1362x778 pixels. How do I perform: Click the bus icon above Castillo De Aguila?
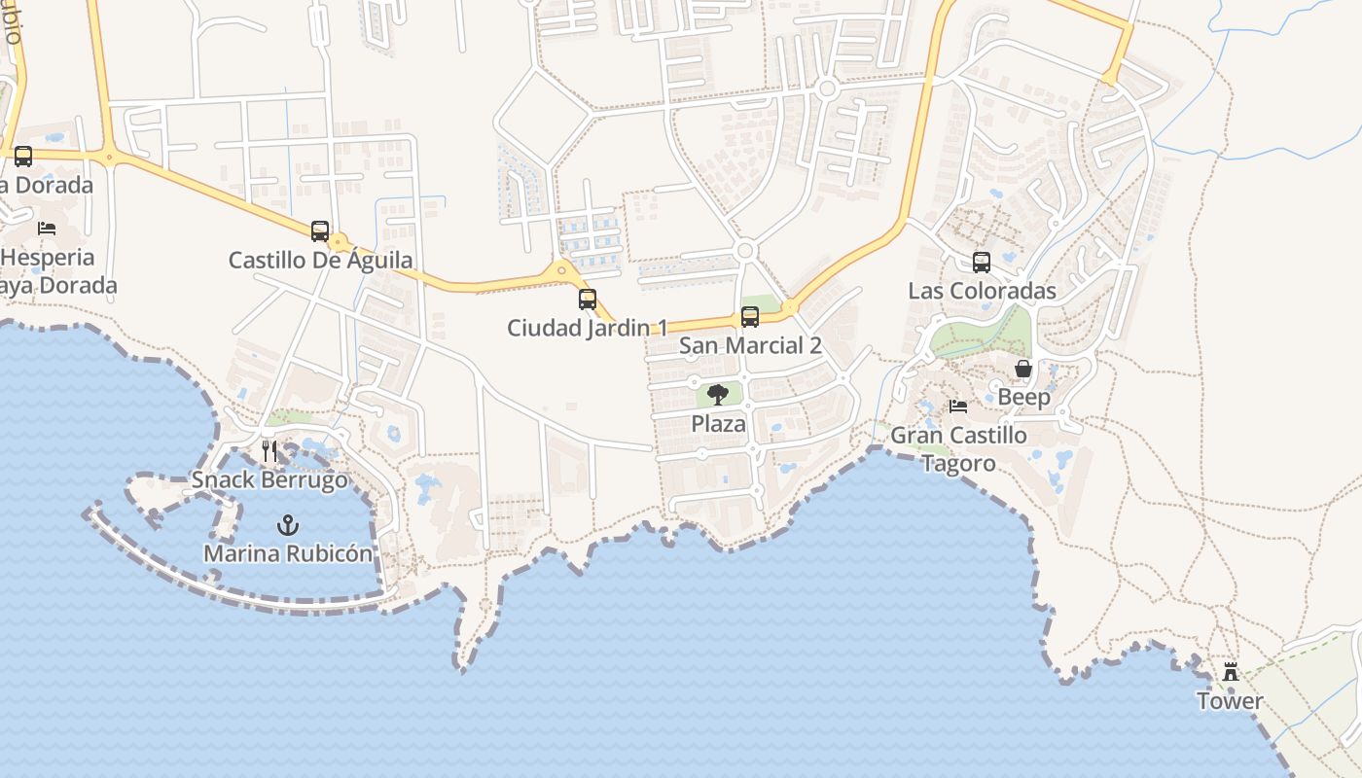(x=320, y=230)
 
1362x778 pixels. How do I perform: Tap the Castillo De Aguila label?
(x=320, y=260)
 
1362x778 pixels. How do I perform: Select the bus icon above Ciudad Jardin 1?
(x=588, y=299)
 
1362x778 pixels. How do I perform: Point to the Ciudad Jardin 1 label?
(x=588, y=328)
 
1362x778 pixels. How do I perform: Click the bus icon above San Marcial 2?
(x=750, y=316)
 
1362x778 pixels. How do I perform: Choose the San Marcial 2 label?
(x=750, y=345)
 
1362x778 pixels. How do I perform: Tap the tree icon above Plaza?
(x=718, y=394)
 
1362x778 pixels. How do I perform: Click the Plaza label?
(x=718, y=423)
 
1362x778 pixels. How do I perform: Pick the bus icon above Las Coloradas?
(x=982, y=262)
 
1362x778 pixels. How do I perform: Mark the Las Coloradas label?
(x=982, y=291)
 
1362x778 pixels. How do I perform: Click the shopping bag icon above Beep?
(x=1023, y=369)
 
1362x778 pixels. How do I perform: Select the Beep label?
(x=1023, y=397)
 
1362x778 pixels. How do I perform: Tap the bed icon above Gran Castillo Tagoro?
(x=958, y=406)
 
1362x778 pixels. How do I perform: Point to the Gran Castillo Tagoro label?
(x=958, y=448)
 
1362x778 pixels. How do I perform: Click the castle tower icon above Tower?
(x=1231, y=671)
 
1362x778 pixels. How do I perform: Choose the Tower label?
(x=1231, y=700)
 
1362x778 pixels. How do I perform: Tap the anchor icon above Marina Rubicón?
(x=287, y=525)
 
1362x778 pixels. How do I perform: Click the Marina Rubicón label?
(x=287, y=553)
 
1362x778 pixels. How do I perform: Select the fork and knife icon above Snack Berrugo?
(x=269, y=450)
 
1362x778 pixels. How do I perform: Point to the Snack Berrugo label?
(x=269, y=479)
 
